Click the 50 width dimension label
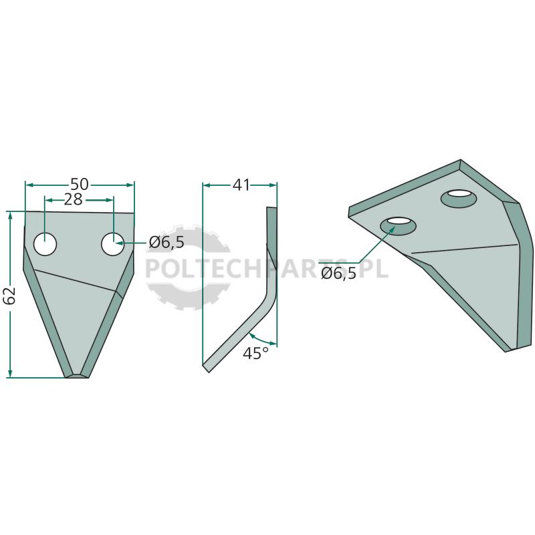click(x=80, y=185)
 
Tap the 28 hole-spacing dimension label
click(x=74, y=200)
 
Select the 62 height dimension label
click(x=10, y=296)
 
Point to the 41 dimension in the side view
click(x=241, y=185)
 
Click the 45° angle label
click(x=256, y=353)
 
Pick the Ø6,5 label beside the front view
click(x=167, y=243)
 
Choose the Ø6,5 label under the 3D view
click(x=339, y=274)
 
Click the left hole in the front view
click(x=45, y=243)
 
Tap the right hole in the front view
click(x=113, y=243)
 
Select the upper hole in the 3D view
click(x=459, y=198)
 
